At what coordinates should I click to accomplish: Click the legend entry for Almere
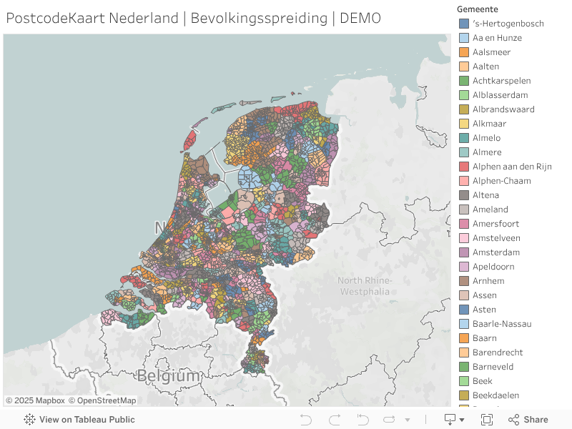(x=487, y=152)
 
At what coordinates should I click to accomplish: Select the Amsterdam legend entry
(x=495, y=252)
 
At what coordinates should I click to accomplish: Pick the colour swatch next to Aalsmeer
(x=464, y=52)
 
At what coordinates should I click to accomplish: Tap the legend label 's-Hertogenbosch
(x=508, y=24)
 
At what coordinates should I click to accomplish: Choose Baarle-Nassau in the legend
(x=502, y=324)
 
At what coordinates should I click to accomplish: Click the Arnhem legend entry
(x=488, y=281)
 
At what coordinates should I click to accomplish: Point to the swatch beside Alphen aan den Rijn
(x=464, y=167)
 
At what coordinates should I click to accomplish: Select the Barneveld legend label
(x=493, y=367)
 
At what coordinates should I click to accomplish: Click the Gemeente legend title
(x=478, y=9)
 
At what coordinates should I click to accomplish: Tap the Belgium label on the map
(x=169, y=375)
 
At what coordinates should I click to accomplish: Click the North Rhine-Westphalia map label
(x=365, y=286)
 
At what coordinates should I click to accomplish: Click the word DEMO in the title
(x=360, y=18)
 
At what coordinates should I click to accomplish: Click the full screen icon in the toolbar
(x=487, y=420)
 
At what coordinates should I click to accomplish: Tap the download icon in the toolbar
(x=450, y=420)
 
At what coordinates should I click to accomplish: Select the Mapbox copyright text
(x=35, y=401)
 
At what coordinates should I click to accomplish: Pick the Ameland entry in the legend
(x=490, y=209)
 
